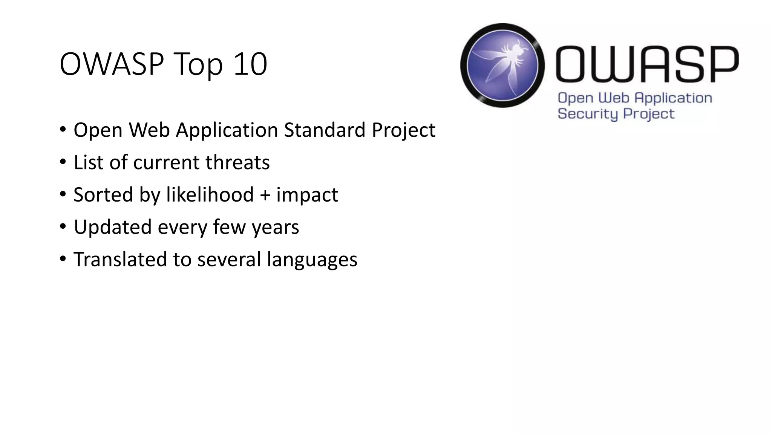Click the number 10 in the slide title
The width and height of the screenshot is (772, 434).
(250, 64)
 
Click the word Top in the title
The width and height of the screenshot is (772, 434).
(199, 65)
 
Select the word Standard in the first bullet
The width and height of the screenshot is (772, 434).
(325, 130)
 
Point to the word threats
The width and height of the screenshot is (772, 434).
(237, 162)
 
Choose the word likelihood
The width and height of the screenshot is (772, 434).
(210, 195)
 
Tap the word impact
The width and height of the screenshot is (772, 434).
(307, 196)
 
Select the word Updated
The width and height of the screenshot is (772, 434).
(112, 228)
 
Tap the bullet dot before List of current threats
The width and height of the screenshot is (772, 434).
(63, 162)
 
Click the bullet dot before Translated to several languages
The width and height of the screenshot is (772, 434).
(63, 259)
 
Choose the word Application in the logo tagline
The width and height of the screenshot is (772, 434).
(673, 98)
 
